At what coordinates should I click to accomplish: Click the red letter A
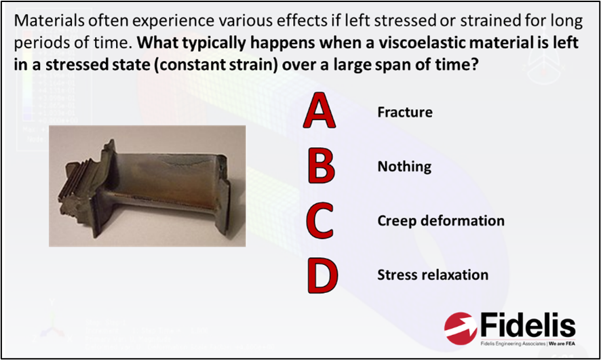(319, 112)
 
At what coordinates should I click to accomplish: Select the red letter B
(320, 166)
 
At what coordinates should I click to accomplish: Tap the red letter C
(319, 221)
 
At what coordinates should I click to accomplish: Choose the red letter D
(320, 275)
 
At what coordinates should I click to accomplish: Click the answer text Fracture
(405, 112)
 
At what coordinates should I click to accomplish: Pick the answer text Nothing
(404, 166)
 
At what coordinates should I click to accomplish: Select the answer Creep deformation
(441, 221)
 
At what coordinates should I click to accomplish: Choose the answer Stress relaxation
(433, 275)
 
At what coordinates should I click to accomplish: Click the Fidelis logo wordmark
(528, 325)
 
